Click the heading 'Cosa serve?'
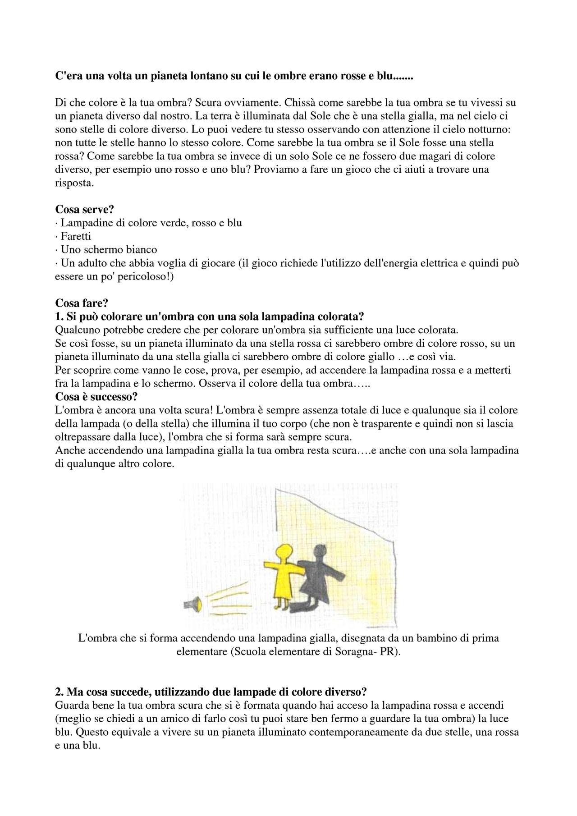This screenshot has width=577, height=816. tap(84, 210)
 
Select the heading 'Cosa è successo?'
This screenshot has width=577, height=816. tap(96, 397)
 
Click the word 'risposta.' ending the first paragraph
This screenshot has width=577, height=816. tap(74, 183)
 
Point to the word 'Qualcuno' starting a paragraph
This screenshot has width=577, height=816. tap(75, 330)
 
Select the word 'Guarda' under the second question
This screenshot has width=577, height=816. tap(70, 706)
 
